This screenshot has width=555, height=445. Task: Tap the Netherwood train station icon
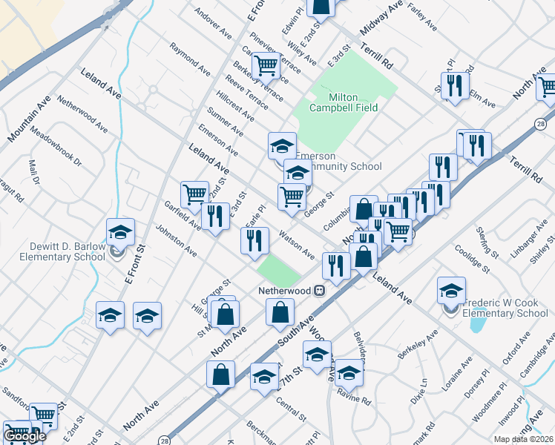(320, 290)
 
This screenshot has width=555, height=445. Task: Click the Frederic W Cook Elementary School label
(505, 308)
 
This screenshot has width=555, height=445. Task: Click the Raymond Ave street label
(189, 59)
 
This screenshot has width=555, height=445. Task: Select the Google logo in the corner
(24, 436)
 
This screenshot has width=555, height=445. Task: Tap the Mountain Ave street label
(30, 119)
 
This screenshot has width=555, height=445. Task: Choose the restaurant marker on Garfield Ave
(215, 217)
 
